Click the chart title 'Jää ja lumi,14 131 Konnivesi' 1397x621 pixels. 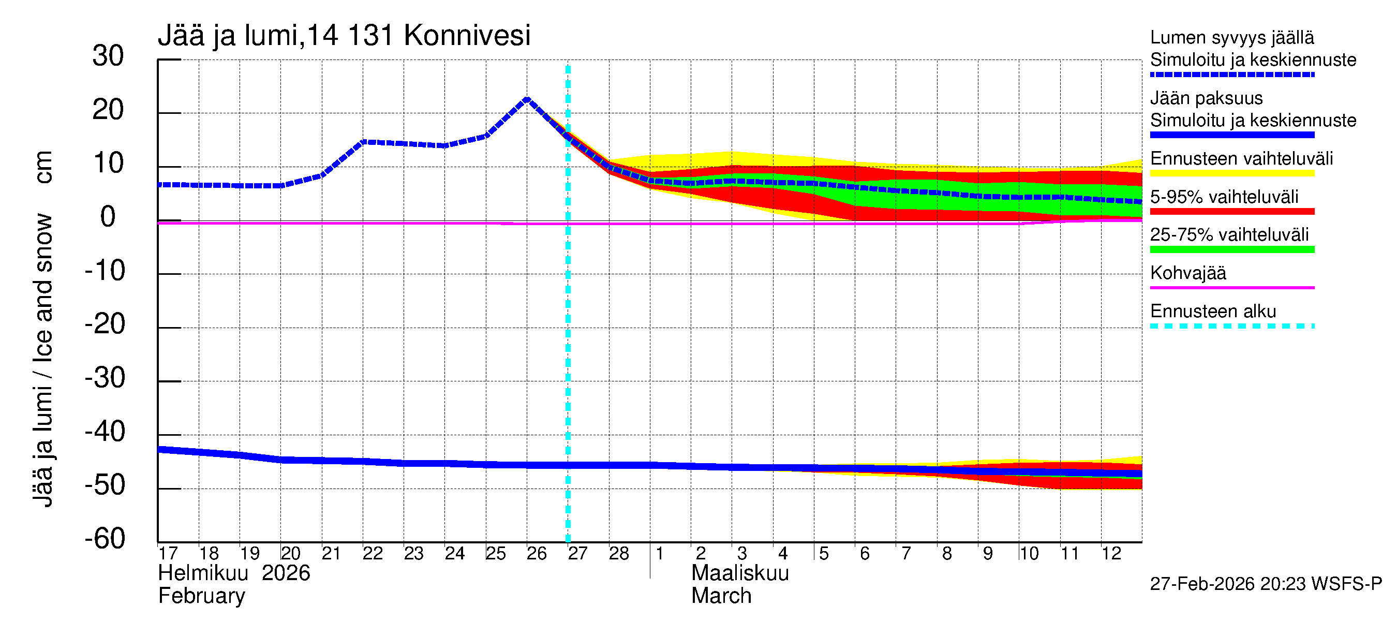pyautogui.click(x=344, y=36)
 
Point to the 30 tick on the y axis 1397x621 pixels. pyautogui.click(x=108, y=56)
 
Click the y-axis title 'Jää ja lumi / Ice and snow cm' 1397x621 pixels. pyautogui.click(x=43, y=329)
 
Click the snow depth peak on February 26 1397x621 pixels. pyautogui.click(x=527, y=99)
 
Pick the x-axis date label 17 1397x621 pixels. pyautogui.click(x=168, y=554)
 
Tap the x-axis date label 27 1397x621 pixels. pyautogui.click(x=577, y=554)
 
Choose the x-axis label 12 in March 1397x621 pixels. pyautogui.click(x=1111, y=554)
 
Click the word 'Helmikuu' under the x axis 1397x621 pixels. pyautogui.click(x=203, y=573)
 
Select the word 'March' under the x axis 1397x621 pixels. pyautogui.click(x=721, y=596)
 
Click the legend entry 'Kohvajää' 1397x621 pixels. pyautogui.click(x=1187, y=273)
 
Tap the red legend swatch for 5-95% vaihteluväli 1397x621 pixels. pyautogui.click(x=1231, y=212)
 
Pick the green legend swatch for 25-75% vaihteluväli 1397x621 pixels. pyautogui.click(x=1231, y=249)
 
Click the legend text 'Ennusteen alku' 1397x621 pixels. pyautogui.click(x=1213, y=312)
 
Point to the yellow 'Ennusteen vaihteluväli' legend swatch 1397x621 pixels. pyautogui.click(x=1231, y=173)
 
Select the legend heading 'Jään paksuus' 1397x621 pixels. pyautogui.click(x=1206, y=98)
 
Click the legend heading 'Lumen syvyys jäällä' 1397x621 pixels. pyautogui.click(x=1231, y=37)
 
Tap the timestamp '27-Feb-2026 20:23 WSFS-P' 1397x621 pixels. pyautogui.click(x=1266, y=584)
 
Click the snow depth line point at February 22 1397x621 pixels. pyautogui.click(x=363, y=142)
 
